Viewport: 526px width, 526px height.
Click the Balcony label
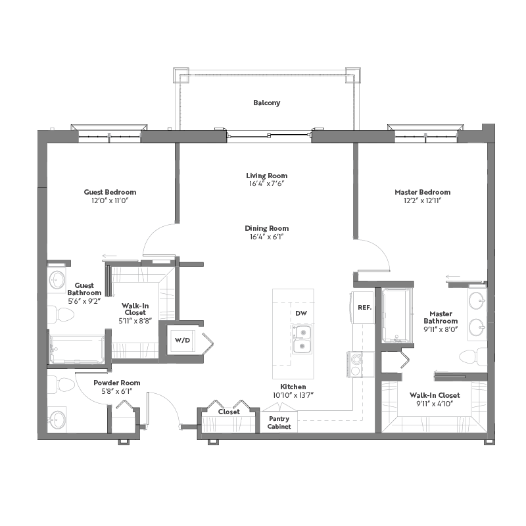(x=267, y=103)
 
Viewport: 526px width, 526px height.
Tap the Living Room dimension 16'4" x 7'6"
(x=267, y=183)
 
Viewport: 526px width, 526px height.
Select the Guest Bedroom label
(x=110, y=192)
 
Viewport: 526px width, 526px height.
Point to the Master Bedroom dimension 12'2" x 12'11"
(x=422, y=201)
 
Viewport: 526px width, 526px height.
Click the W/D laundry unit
(x=183, y=341)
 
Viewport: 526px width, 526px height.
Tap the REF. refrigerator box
(x=364, y=307)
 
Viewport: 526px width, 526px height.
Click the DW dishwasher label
(x=301, y=314)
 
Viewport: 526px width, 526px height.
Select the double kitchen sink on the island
(x=302, y=339)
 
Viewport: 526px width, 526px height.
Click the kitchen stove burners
(x=356, y=364)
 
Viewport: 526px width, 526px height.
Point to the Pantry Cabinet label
(x=279, y=423)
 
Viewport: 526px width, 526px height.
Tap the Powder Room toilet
(x=60, y=384)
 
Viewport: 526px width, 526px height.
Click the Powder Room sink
(x=57, y=419)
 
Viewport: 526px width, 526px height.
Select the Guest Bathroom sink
(x=57, y=279)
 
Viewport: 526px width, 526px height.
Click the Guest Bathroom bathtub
(x=77, y=349)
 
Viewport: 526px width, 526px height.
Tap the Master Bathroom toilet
(x=473, y=356)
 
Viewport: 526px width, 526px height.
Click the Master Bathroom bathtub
(x=396, y=316)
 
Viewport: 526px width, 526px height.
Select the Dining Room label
(x=267, y=228)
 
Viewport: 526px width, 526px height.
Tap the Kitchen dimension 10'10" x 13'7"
(x=293, y=395)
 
